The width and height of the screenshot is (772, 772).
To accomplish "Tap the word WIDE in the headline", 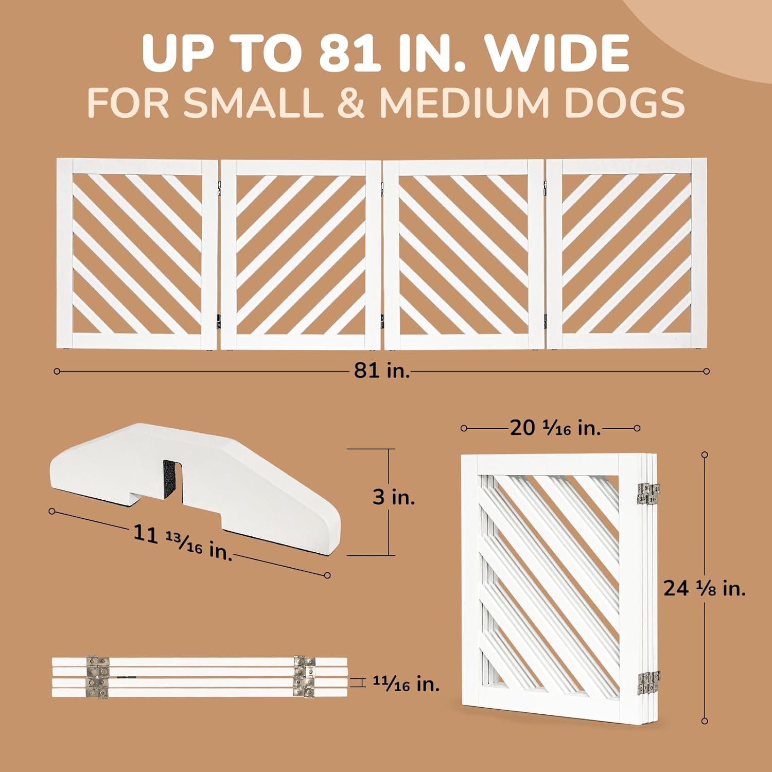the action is [x=559, y=54].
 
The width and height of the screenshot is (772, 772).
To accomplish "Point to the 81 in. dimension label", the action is [x=381, y=370].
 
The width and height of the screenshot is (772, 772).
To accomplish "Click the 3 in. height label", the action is [x=394, y=497].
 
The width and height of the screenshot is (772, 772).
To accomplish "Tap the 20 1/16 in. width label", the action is [x=556, y=428].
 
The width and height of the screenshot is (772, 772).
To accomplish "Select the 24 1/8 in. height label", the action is [x=705, y=588].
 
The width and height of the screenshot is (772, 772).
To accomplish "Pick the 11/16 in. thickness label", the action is [x=406, y=684].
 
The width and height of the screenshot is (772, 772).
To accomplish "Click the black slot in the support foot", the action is [x=170, y=480].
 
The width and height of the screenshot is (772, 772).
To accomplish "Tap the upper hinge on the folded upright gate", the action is [x=648, y=493].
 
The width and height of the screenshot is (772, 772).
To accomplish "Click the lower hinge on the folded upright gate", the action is [x=649, y=684].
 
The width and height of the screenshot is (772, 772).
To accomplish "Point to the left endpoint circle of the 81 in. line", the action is [x=57, y=371].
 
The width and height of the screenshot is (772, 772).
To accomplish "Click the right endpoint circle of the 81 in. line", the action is [x=707, y=371].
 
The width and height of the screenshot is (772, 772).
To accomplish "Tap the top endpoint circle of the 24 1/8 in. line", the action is [x=705, y=454].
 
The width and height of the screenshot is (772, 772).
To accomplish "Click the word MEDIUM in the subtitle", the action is [x=465, y=103].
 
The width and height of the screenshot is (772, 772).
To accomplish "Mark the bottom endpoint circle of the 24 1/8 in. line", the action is [x=705, y=721].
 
